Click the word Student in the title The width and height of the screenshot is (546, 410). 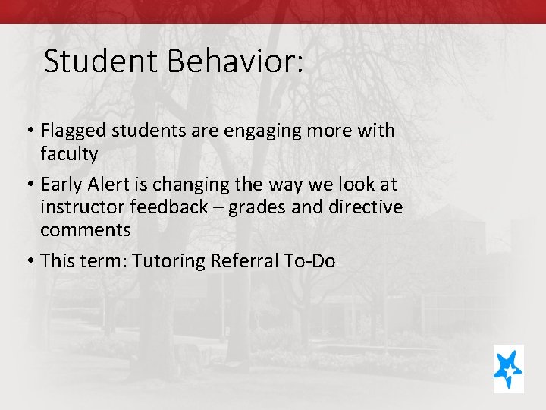(x=102, y=61)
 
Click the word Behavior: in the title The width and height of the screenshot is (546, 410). (x=236, y=61)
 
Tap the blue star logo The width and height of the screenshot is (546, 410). (x=507, y=368)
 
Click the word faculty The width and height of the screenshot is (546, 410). (x=69, y=154)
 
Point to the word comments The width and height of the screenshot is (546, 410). (x=86, y=230)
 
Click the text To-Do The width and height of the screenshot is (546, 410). (x=309, y=260)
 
